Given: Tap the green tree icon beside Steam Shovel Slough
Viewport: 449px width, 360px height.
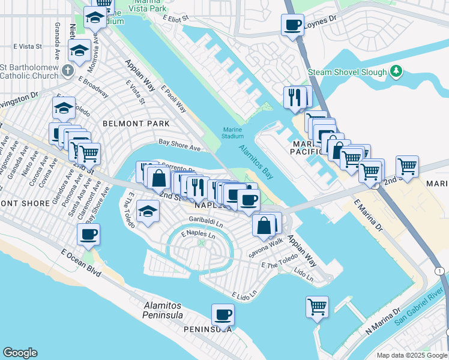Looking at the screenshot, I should click(396, 72).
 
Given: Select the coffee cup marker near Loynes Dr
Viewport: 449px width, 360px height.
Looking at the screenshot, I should click(292, 26).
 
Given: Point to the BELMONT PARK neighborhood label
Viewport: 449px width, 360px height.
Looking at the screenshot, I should click(136, 124).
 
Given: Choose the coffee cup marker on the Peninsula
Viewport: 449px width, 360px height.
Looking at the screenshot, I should click(223, 314).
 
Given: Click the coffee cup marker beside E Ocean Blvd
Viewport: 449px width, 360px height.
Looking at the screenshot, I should click(89, 234).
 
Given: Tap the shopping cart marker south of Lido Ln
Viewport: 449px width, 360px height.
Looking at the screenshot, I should click(317, 307).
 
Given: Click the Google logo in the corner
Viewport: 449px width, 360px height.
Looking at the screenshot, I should click(20, 353).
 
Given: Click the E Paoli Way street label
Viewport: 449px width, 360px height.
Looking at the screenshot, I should click(173, 98).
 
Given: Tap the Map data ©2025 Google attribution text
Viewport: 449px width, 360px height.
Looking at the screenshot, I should click(411, 355).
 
